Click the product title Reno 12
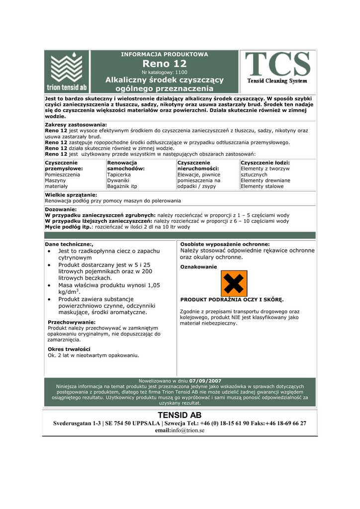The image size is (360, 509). [165, 64]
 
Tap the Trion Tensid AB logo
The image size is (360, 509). [67, 72]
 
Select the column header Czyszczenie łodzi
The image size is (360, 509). [265, 163]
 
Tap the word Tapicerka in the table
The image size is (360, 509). [119, 175]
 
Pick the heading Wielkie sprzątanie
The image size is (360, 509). [71, 195]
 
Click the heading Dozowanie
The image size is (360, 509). [61, 210]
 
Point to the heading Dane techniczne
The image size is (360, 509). [69, 245]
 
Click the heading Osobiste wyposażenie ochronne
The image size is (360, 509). [225, 245]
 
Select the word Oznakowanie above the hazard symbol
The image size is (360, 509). [198, 267]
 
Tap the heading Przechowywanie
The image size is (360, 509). [72, 322]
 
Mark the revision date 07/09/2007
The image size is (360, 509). [205, 381]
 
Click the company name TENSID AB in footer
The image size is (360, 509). [180, 415]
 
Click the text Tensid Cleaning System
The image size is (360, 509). [277, 81]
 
